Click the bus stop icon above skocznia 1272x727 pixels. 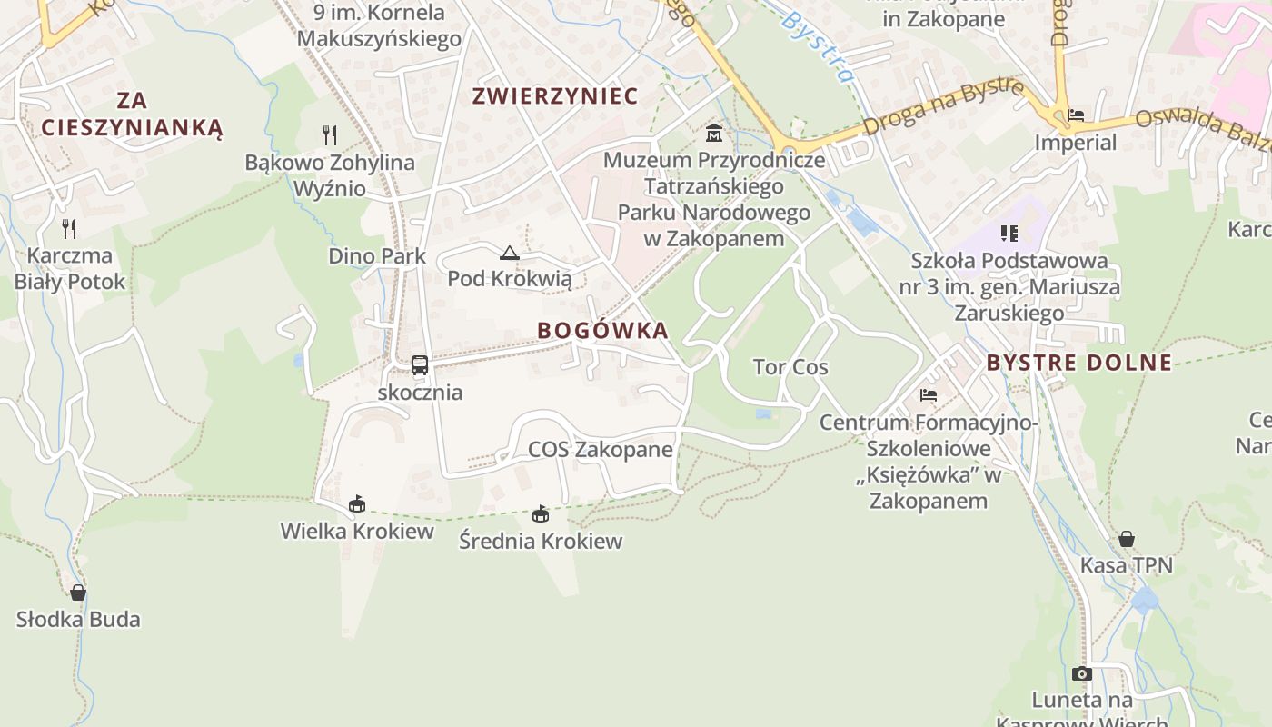click(419, 365)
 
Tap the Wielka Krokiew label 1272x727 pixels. click(357, 531)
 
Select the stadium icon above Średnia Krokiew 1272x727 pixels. click(541, 514)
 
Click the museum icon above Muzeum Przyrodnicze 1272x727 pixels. click(714, 134)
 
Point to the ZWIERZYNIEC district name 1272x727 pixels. click(555, 95)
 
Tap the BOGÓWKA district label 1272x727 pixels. click(602, 330)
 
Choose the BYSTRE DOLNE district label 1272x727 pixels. click(1079, 363)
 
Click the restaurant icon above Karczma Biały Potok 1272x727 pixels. click(69, 228)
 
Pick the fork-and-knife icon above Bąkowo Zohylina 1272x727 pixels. click(330, 135)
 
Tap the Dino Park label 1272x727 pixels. click(377, 255)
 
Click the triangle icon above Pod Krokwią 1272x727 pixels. click(509, 253)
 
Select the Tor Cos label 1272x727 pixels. click(790, 367)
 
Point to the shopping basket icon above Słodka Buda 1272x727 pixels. click(78, 593)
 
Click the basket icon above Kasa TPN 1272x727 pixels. click(1126, 539)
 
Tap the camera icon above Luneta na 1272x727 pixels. click(1081, 673)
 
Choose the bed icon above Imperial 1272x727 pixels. click(1076, 115)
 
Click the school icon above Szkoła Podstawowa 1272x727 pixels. click(1009, 234)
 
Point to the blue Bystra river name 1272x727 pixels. click(817, 45)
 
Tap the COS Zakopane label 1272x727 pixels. click(601, 450)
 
